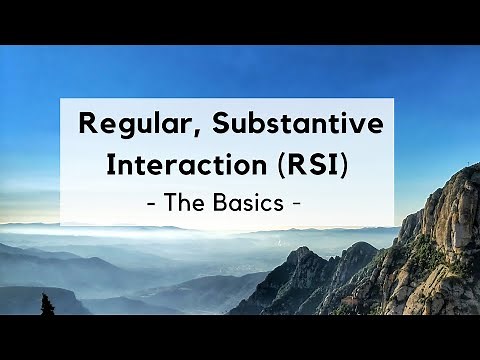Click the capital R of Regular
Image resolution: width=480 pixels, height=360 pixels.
tap(87, 126)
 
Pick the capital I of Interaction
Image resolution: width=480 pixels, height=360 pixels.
tap(110, 165)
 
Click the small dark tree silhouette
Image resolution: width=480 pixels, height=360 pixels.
tap(46, 304)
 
